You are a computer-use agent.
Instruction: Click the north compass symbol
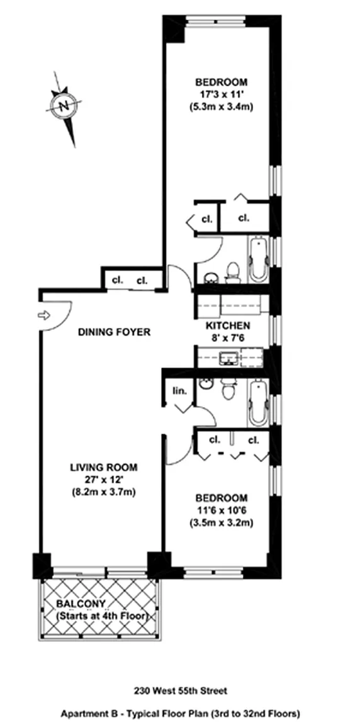coord(64,106)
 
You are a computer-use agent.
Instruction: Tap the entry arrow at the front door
coord(43,315)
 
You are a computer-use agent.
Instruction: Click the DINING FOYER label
coord(114,332)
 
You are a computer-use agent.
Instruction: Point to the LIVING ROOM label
coord(103,467)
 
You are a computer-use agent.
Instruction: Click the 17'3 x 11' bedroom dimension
coord(222,94)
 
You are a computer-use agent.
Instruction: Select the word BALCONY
coord(81,604)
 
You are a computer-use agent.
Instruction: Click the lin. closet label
coord(180,391)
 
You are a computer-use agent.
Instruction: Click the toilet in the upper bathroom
coord(232,273)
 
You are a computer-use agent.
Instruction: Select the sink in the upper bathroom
coord(211,277)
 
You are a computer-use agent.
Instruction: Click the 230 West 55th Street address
coord(180,692)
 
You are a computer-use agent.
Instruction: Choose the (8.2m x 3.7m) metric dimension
coord(103,491)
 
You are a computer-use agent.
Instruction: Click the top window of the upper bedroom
coord(215,20)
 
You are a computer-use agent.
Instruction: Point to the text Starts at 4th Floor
coord(102,616)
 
